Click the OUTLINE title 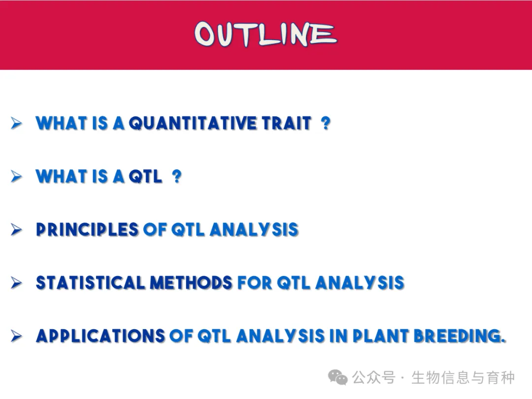(266, 33)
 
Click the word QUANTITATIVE (193, 123)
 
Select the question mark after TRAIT (326, 123)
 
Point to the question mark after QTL (176, 176)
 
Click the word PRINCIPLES (87, 230)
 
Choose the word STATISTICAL (90, 283)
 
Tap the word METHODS (191, 283)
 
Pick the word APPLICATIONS (100, 336)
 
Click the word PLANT (380, 336)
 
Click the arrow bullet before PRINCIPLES (16, 230)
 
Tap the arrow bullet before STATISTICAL (16, 283)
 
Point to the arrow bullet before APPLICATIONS (16, 336)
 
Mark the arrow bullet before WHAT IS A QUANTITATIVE (16, 123)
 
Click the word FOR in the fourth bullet (255, 283)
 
